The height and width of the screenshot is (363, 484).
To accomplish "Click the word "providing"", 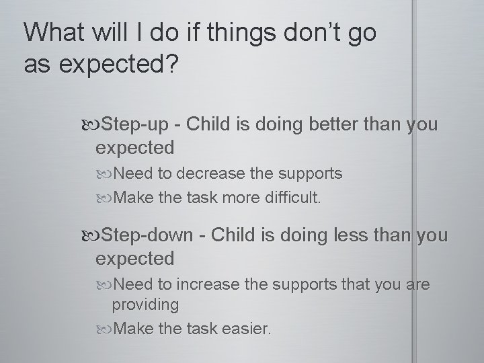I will [x=145, y=305].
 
